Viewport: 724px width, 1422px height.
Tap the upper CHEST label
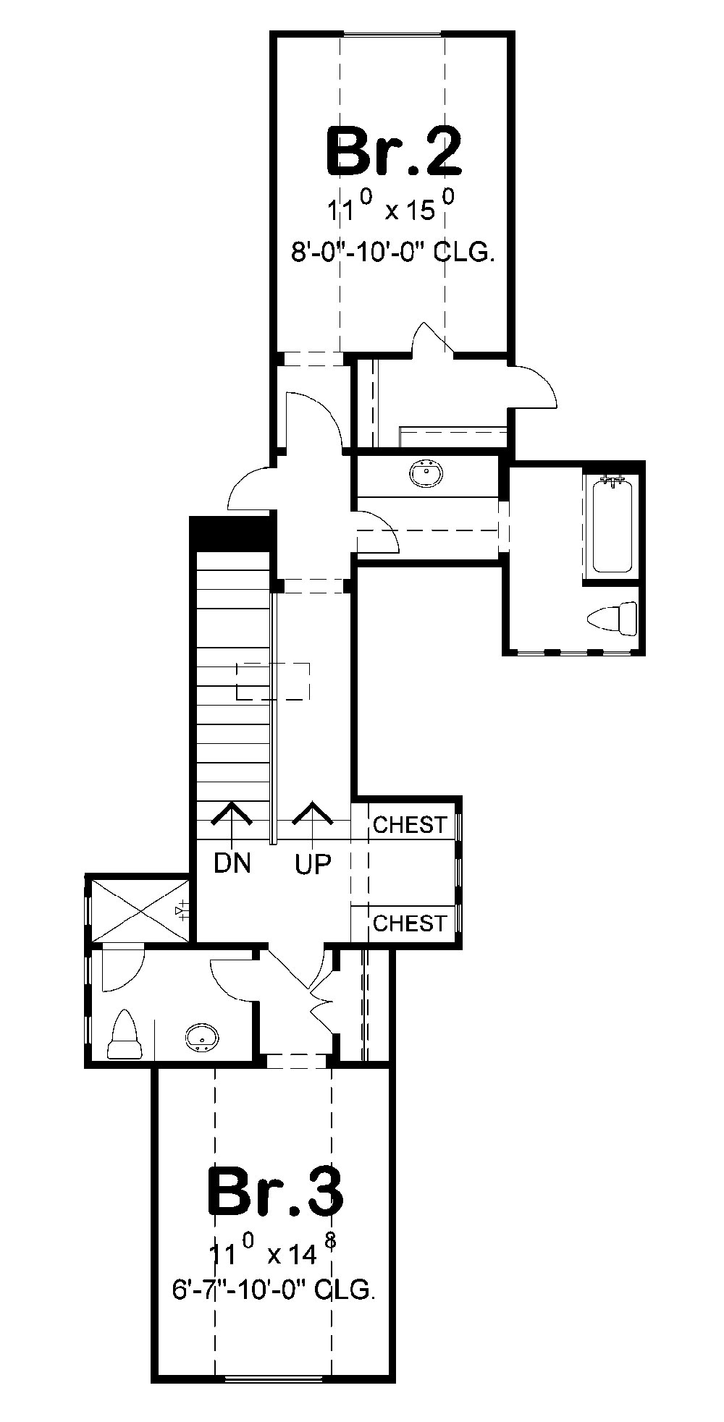409,824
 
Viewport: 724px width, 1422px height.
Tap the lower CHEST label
409,923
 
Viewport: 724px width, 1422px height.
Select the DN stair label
232,863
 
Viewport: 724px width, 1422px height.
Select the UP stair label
313,863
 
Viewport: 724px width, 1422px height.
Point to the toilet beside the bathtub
613,620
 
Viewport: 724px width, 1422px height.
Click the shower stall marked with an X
138,909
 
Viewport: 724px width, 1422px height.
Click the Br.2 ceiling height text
393,253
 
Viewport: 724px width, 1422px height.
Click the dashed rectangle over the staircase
273,681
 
